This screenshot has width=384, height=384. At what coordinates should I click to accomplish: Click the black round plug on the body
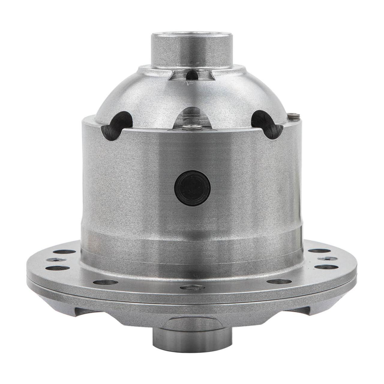pyautogui.click(x=192, y=188)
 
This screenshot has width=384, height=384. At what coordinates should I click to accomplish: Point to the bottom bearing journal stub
pyautogui.click(x=192, y=337)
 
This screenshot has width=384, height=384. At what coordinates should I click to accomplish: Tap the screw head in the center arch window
pyautogui.click(x=192, y=128)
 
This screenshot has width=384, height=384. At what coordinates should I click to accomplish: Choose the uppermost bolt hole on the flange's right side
pyautogui.click(x=315, y=251)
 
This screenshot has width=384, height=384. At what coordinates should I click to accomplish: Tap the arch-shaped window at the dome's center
pyautogui.click(x=192, y=118)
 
